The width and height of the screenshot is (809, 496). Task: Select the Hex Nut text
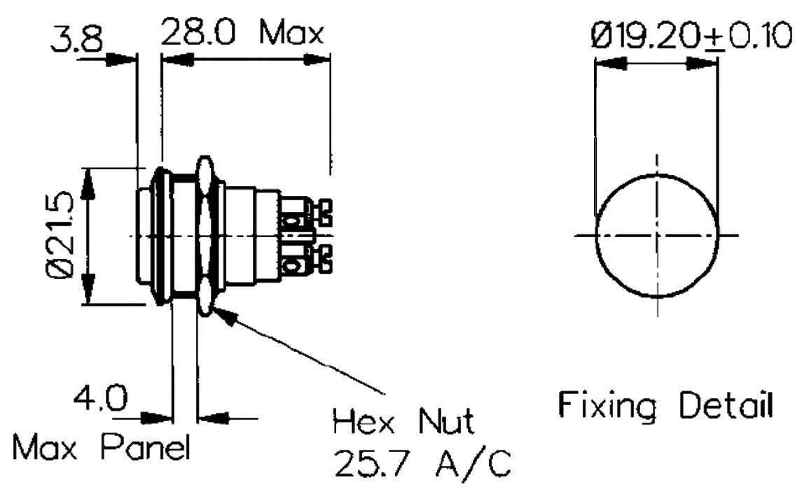pos(403,422)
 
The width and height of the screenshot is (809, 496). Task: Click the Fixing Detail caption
pos(665,406)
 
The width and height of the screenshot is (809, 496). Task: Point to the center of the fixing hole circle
pos(657,235)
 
